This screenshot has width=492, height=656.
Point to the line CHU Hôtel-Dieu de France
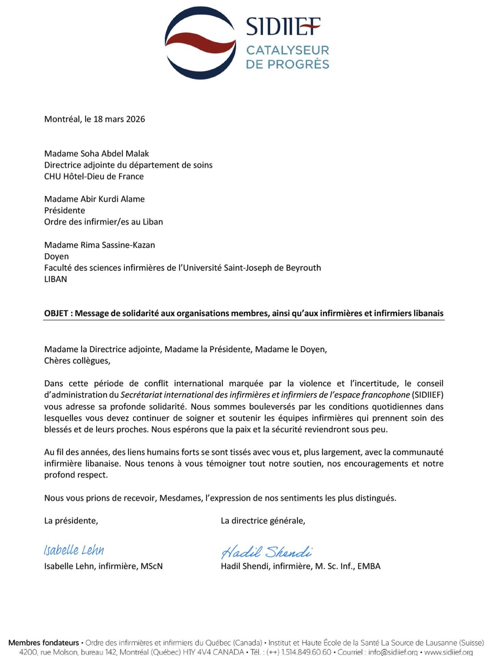tap(94, 176)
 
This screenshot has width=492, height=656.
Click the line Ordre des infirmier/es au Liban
tap(104, 222)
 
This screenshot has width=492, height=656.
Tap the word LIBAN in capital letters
tap(55, 279)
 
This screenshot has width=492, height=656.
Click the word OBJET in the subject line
tap(56, 313)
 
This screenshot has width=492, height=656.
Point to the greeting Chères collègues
tap(77, 361)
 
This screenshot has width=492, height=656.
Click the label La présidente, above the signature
tap(71, 521)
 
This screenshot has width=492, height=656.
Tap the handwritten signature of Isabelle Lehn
tap(74, 550)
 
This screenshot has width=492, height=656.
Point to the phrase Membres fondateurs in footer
tap(44, 643)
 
